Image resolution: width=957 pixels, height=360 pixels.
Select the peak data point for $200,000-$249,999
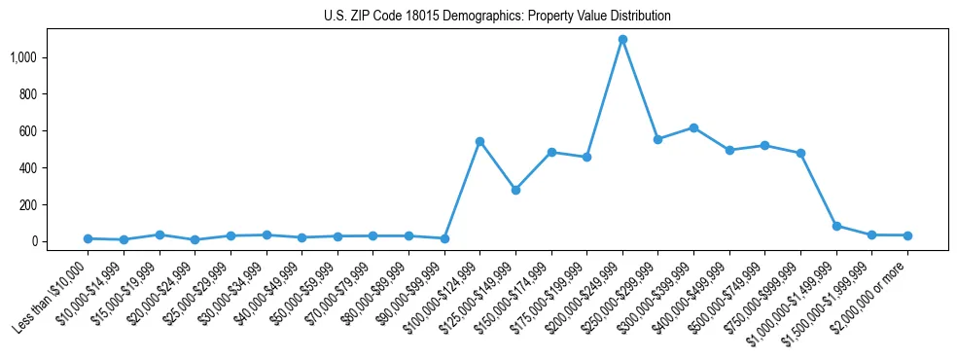click(x=622, y=39)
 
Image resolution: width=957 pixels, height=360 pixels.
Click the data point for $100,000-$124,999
click(x=479, y=141)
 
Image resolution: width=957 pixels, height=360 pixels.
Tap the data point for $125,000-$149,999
click(x=515, y=190)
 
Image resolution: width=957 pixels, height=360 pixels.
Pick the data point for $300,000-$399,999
click(x=693, y=127)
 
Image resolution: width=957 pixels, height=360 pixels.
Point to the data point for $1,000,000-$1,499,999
click(x=836, y=226)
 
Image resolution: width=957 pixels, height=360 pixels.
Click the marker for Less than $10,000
click(x=88, y=238)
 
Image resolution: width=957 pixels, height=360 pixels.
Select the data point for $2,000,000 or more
click(x=907, y=235)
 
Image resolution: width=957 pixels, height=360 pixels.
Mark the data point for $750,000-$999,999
click(x=800, y=153)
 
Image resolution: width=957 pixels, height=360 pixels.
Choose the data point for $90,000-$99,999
click(x=444, y=238)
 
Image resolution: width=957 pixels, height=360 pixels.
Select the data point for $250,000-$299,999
click(x=657, y=139)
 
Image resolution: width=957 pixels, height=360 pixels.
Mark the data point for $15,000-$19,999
click(x=159, y=234)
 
